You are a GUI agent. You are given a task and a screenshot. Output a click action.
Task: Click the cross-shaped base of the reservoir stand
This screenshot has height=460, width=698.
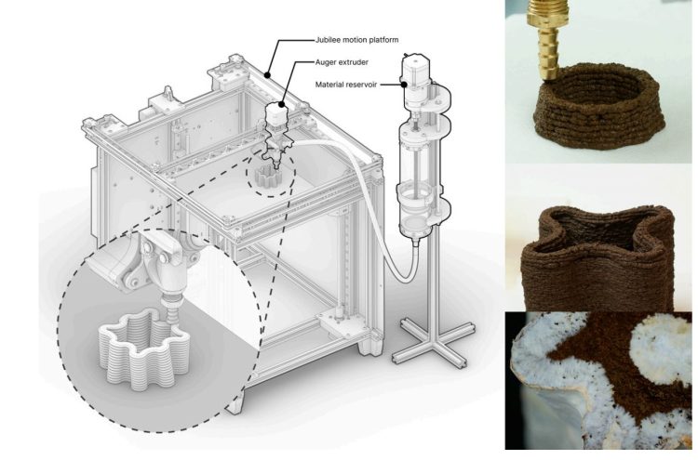tap(425, 353)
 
